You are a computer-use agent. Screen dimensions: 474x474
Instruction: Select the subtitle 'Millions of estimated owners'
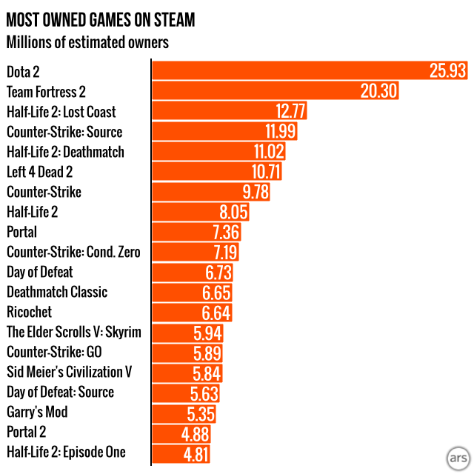(x=87, y=42)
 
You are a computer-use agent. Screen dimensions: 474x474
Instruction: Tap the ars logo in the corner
(x=458, y=455)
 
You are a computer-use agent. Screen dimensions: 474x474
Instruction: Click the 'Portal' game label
(x=22, y=232)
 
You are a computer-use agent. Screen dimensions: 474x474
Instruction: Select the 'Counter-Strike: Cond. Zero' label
(x=73, y=252)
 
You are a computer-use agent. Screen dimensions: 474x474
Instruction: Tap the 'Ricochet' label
(x=30, y=312)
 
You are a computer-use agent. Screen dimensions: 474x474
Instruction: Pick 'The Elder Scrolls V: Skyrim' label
(x=73, y=332)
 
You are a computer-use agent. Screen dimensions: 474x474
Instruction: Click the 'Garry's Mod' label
(x=37, y=412)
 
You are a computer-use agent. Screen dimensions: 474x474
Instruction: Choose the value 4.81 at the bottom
(x=196, y=453)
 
